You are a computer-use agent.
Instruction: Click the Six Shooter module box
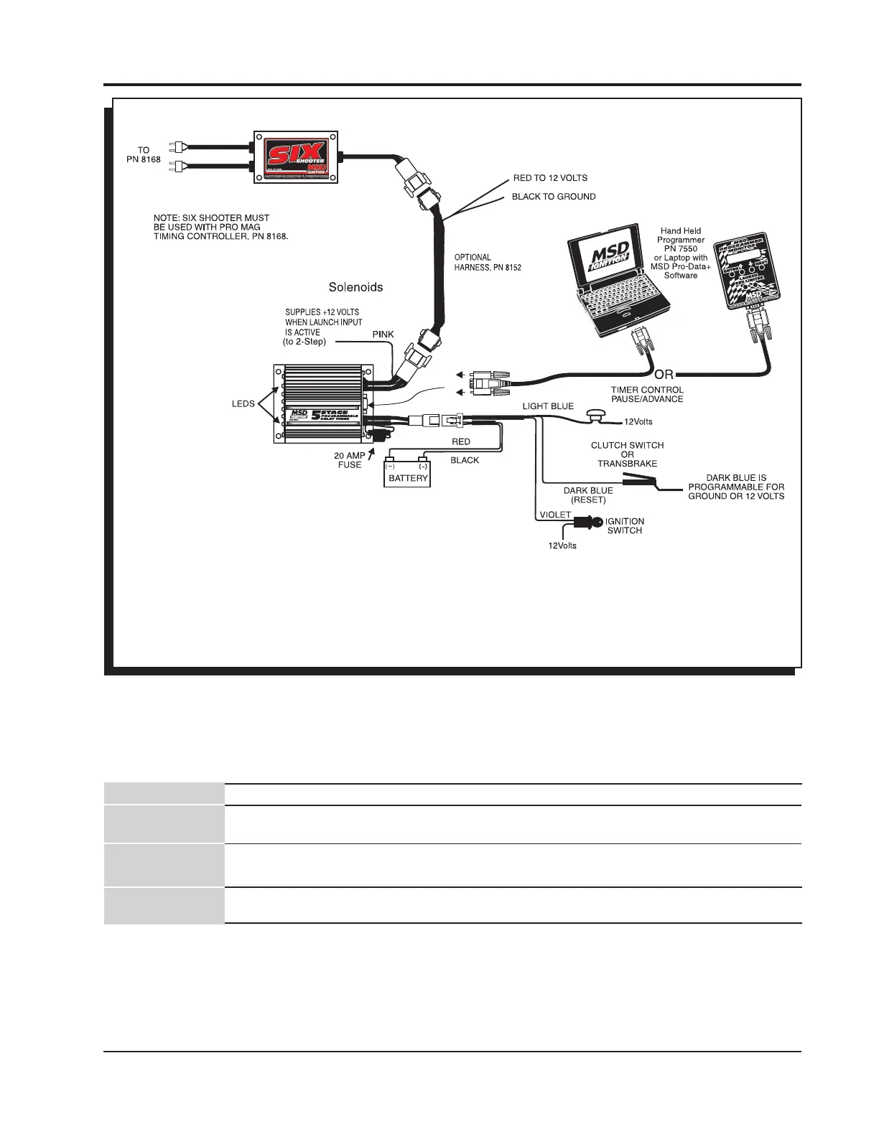pyautogui.click(x=297, y=156)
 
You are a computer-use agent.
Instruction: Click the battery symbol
pyautogui.click(x=408, y=473)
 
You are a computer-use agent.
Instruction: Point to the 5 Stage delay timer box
pyautogui.click(x=323, y=406)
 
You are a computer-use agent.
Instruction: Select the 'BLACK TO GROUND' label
pyautogui.click(x=553, y=196)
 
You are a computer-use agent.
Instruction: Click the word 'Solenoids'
pyautogui.click(x=355, y=287)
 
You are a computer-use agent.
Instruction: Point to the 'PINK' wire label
pyautogui.click(x=382, y=334)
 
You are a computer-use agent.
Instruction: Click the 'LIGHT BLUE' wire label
pyautogui.click(x=548, y=406)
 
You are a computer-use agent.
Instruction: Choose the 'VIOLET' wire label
pyautogui.click(x=554, y=515)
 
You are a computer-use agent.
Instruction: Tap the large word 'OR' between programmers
pyautogui.click(x=664, y=374)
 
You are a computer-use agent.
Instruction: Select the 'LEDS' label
pyautogui.click(x=243, y=403)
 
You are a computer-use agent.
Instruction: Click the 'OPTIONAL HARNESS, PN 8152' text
pyautogui.click(x=488, y=263)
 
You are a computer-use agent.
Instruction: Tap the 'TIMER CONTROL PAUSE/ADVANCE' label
pyautogui.click(x=647, y=394)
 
